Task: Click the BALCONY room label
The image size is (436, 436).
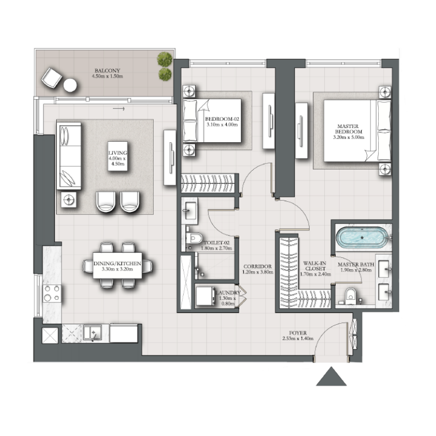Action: pos(107,70)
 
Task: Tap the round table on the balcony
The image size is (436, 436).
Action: pos(70,85)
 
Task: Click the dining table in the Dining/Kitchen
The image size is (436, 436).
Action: pos(117,265)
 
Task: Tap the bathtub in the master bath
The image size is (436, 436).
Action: pos(362,238)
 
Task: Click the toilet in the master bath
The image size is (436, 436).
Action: pos(351,294)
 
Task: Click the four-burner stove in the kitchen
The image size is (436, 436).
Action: pos(51,293)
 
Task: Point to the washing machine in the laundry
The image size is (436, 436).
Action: pos(207,297)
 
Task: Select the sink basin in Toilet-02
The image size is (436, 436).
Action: pos(190,208)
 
